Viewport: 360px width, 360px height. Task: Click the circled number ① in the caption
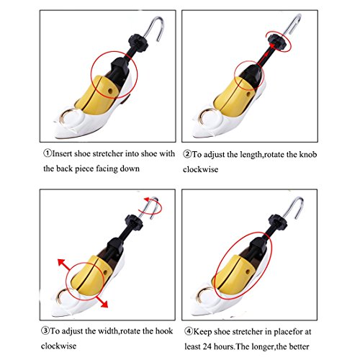point(48,153)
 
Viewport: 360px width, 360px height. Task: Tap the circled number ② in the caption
point(187,154)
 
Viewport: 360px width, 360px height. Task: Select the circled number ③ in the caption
point(45,331)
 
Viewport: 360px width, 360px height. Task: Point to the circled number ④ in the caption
point(189,331)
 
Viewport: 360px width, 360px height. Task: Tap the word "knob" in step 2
point(308,154)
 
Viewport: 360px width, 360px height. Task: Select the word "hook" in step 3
point(164,331)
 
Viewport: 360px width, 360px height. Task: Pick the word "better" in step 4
point(299,346)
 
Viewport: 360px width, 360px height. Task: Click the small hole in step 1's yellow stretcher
point(111,91)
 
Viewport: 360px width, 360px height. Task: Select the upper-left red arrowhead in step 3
point(62,263)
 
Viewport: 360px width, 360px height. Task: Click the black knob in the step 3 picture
point(134,222)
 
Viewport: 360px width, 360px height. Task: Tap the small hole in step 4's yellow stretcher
point(248,271)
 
